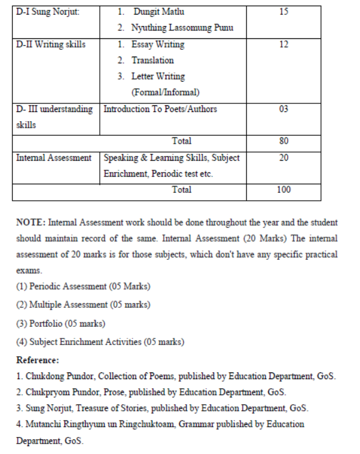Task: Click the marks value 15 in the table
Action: click(284, 12)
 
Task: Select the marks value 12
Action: click(284, 44)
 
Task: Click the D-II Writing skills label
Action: click(51, 44)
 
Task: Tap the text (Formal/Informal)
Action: click(166, 93)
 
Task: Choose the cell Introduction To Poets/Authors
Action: click(161, 109)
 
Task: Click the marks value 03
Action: click(284, 109)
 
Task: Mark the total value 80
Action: click(284, 141)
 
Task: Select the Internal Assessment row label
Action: click(54, 158)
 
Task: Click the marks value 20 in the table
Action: click(284, 158)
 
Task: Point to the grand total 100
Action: click(284, 190)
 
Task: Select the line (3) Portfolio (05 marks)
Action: click(61, 323)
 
